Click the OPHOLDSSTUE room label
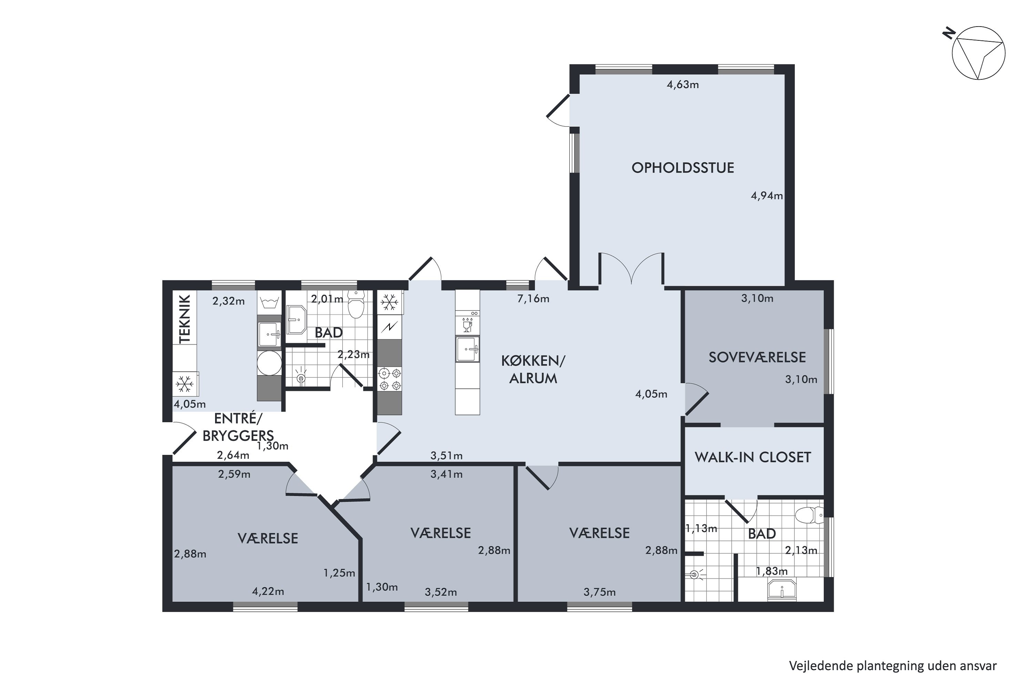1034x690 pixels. pyautogui.click(x=683, y=168)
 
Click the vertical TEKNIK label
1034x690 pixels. pyautogui.click(x=185, y=319)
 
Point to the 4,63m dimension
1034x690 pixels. pyautogui.click(x=683, y=85)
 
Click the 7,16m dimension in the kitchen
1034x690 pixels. pyautogui.click(x=533, y=299)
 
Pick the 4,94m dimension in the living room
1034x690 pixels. pyautogui.click(x=767, y=196)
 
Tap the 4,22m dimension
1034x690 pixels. pyautogui.click(x=268, y=591)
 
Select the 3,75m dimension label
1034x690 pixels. pyautogui.click(x=599, y=592)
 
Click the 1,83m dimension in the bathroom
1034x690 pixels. pyautogui.click(x=772, y=571)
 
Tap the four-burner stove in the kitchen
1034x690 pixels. pyautogui.click(x=390, y=379)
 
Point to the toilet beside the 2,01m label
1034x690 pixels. pyautogui.click(x=356, y=304)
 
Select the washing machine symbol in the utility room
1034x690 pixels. pyautogui.click(x=269, y=363)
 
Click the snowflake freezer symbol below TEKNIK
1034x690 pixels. pyautogui.click(x=185, y=384)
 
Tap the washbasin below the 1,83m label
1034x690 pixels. pyautogui.click(x=782, y=589)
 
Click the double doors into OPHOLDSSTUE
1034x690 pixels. pyautogui.click(x=631, y=268)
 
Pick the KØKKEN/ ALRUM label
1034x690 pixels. pyautogui.click(x=533, y=369)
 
